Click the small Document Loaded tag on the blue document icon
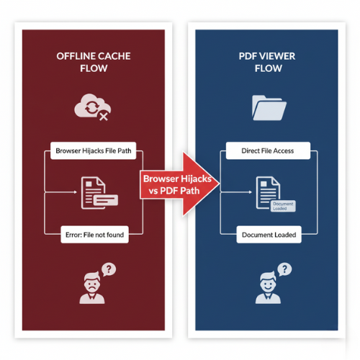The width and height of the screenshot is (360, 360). [282, 207]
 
